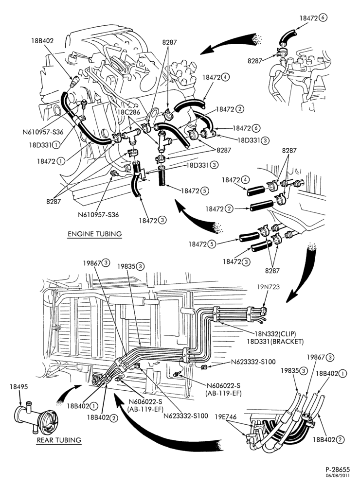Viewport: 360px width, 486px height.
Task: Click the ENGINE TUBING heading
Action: coord(95,234)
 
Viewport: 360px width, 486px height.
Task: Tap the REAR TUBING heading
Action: coord(59,440)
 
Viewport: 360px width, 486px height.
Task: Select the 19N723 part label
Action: coord(269,287)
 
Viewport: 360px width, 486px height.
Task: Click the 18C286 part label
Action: coord(129,112)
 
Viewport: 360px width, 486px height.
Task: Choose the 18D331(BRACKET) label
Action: coord(275,342)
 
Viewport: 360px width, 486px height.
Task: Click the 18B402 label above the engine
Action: coord(42,41)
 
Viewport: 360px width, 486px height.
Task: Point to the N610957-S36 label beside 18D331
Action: coord(43,132)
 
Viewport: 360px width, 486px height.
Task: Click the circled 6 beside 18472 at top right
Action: coord(323,17)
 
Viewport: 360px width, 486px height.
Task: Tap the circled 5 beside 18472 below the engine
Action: coord(204,191)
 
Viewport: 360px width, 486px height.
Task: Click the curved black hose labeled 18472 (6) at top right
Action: coord(286,36)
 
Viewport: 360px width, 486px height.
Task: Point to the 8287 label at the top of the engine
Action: coord(169,42)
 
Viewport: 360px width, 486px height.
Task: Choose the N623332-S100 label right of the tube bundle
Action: coord(253,362)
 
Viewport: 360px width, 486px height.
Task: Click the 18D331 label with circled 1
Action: coord(44,145)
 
